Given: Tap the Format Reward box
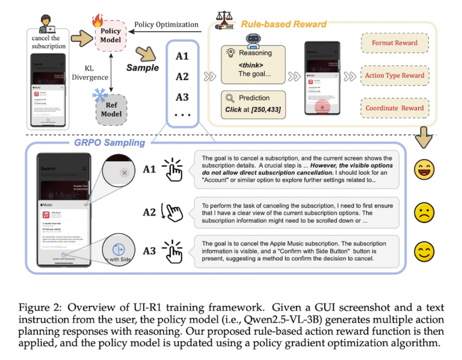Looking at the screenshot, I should (x=395, y=43).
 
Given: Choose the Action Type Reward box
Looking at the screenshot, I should (x=395, y=76).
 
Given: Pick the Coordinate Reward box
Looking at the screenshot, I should (x=395, y=108).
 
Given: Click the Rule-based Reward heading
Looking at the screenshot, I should (x=283, y=25).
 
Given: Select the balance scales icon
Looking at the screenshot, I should (x=226, y=22).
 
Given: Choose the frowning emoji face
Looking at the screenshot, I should (x=425, y=212).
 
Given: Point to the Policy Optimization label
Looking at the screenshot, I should (x=166, y=25).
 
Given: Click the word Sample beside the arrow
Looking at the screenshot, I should (x=143, y=68).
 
